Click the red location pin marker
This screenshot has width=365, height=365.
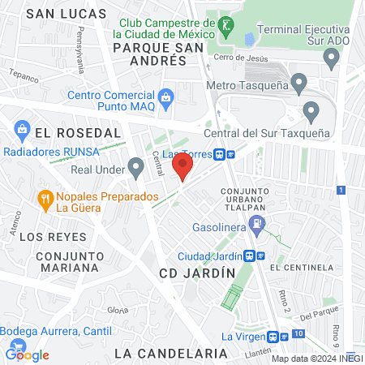point(182,168)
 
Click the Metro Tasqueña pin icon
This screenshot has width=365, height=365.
point(299,81)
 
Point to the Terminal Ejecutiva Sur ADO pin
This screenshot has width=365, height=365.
point(330,56)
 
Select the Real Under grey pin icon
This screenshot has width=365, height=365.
point(135,168)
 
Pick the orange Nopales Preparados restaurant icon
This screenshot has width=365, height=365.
point(45,198)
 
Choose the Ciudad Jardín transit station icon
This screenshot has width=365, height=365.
point(255,255)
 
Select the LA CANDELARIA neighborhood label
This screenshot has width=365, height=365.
point(170,354)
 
